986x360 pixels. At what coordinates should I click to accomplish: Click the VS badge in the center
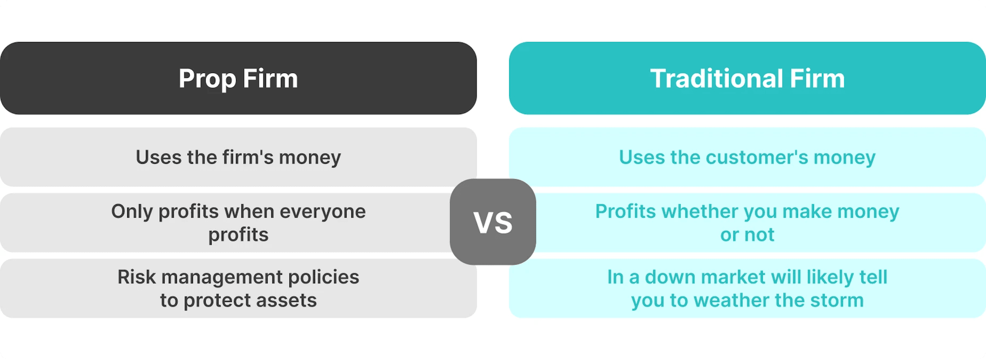coord(493,222)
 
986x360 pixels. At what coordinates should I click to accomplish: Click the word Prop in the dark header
coord(207,79)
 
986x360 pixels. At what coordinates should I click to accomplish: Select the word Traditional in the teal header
coord(716,79)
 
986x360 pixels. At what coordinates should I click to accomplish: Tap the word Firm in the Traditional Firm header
coord(817,79)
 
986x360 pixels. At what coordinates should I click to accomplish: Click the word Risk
coord(136,277)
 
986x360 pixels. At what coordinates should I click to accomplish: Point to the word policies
coord(324,277)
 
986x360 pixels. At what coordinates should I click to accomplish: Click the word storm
coord(837,300)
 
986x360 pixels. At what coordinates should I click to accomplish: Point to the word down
coord(670,277)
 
